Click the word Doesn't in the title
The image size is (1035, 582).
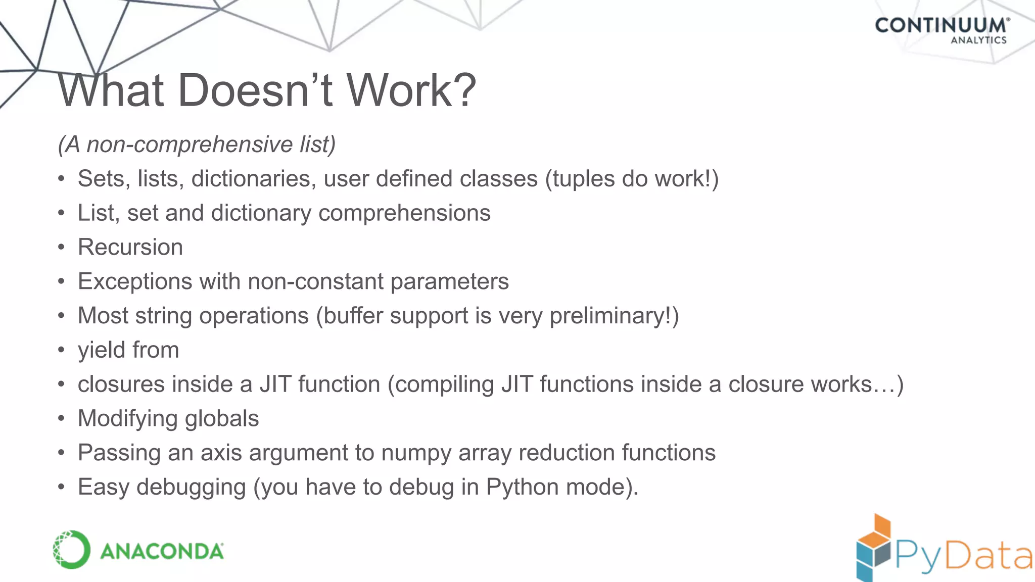pos(255,91)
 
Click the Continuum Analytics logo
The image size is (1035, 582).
pos(942,30)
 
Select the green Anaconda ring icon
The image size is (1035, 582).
pos(71,550)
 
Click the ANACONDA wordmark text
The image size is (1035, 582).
pos(162,551)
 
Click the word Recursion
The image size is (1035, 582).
pos(130,248)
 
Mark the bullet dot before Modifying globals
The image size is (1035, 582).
pos(61,418)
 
